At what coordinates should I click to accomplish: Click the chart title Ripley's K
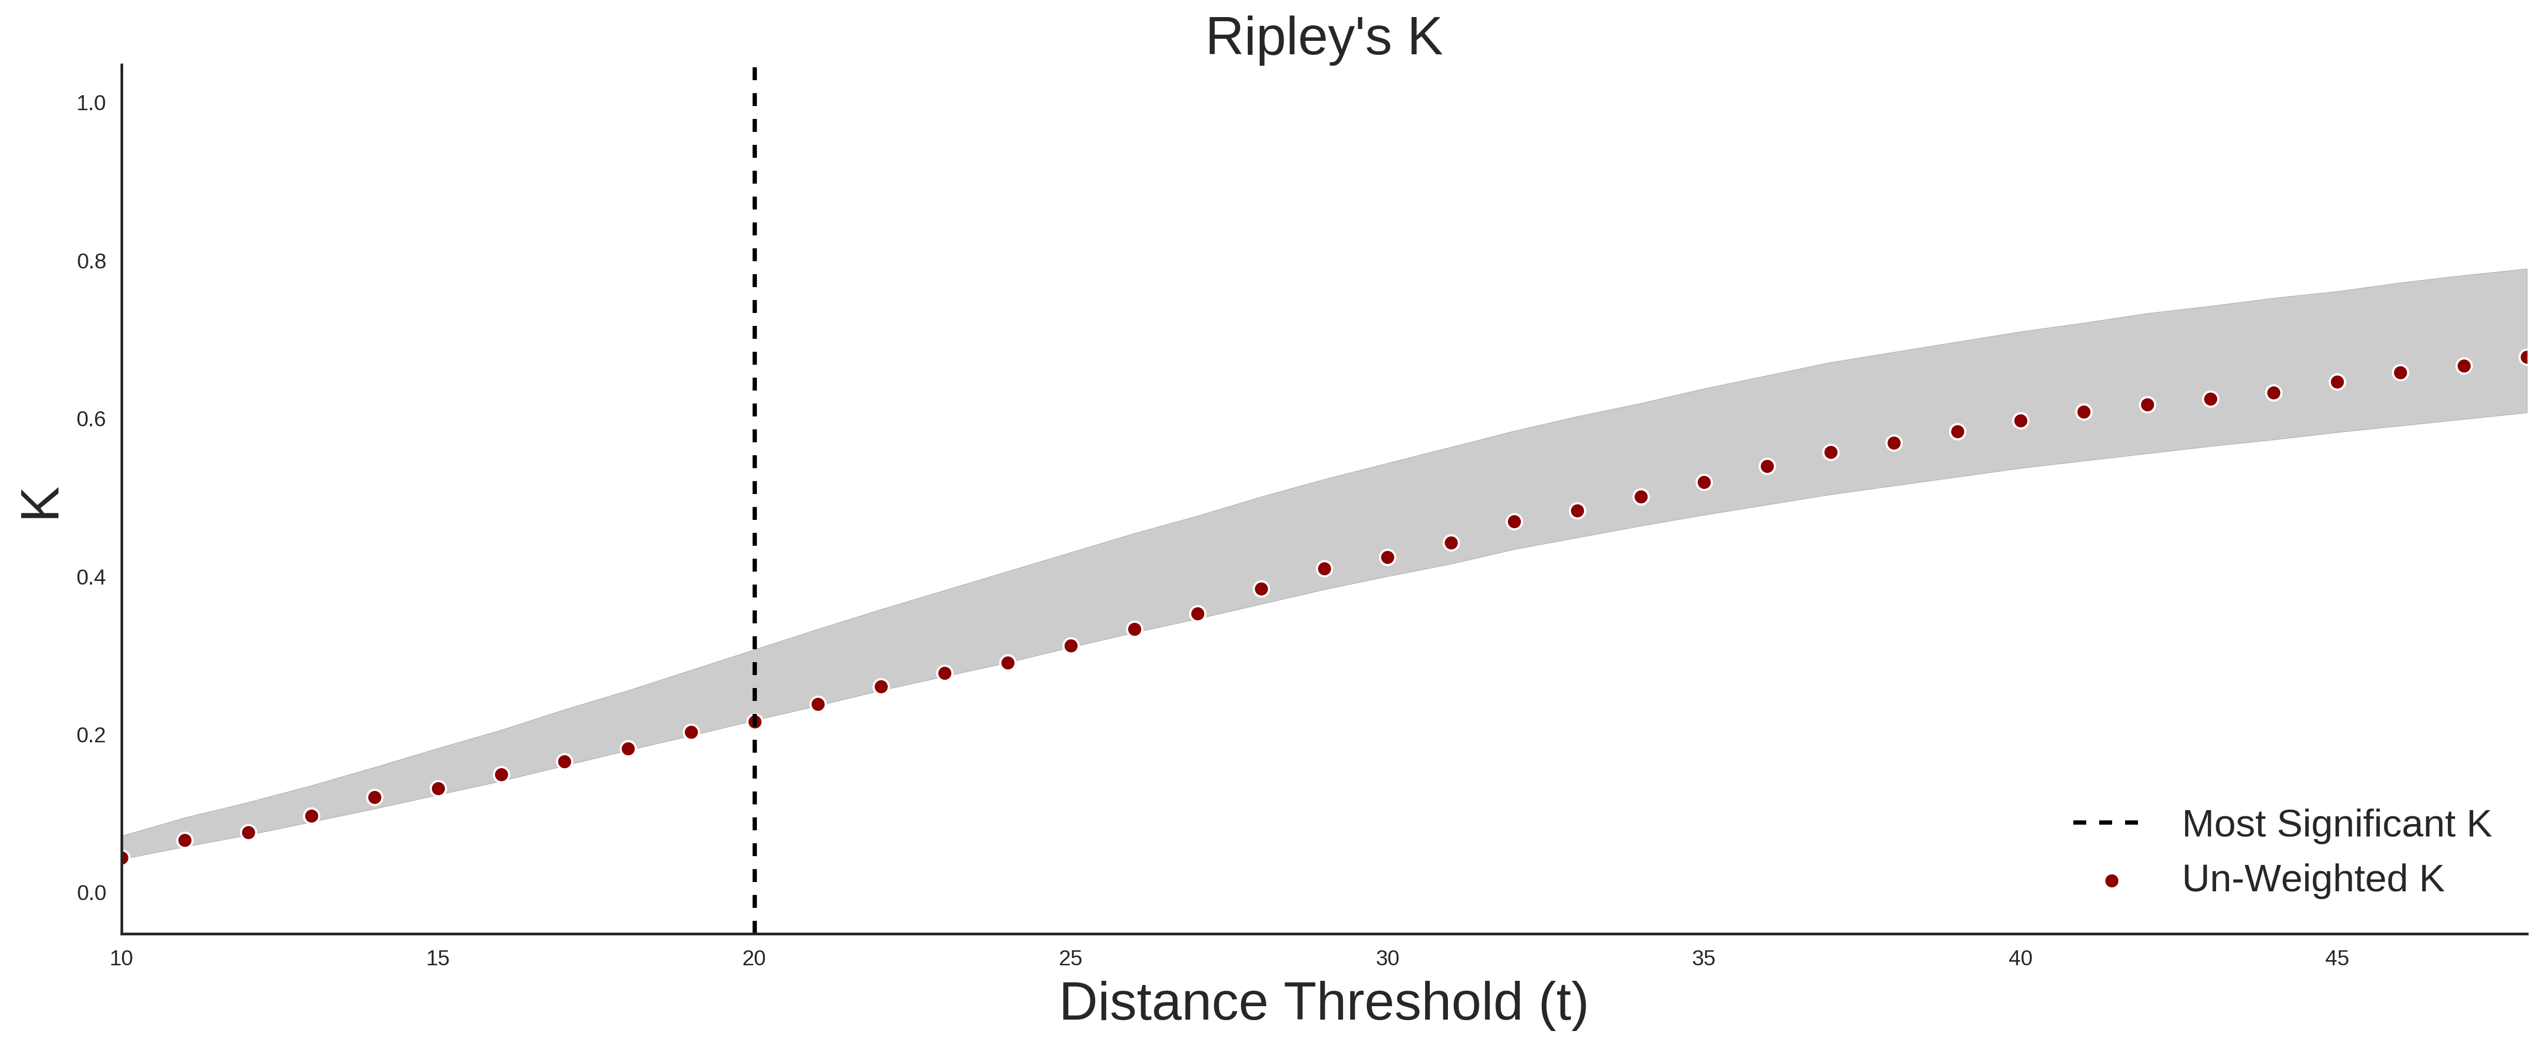pos(1323,37)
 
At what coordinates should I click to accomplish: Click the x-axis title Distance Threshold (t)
pos(1323,1003)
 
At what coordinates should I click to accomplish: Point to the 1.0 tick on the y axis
pos(91,103)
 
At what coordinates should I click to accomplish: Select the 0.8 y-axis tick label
pos(91,262)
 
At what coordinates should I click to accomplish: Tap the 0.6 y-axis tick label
pos(91,420)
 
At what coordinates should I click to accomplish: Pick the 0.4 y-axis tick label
pos(91,577)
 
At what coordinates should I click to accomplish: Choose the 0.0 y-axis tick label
pos(91,893)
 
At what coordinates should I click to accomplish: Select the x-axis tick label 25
pos(1071,958)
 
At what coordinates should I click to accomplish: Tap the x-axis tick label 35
pos(1704,958)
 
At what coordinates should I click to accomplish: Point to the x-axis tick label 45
pos(2337,958)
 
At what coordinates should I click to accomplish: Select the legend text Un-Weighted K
pos(2313,878)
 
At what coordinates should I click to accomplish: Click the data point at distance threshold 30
pos(1387,558)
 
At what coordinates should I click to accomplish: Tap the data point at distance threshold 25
pos(1071,646)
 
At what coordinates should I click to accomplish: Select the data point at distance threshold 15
pos(438,788)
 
